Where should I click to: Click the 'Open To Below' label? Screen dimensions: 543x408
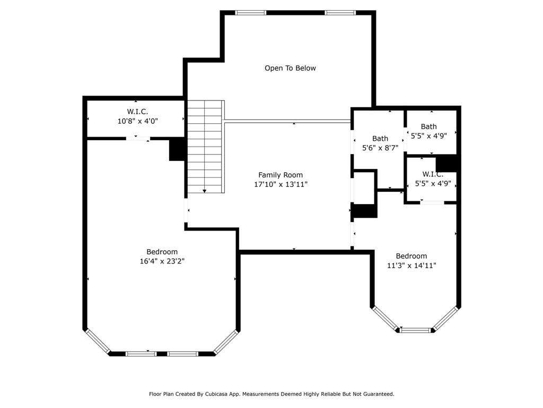click(x=290, y=68)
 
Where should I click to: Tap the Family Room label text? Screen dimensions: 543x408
click(x=281, y=175)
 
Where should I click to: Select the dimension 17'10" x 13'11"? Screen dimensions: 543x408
click(x=281, y=184)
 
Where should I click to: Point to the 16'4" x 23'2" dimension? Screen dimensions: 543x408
click(x=162, y=261)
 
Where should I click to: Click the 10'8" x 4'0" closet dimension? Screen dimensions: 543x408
click(x=138, y=121)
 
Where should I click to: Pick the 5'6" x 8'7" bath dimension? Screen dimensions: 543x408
click(x=380, y=148)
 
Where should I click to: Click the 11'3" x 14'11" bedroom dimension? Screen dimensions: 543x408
click(x=411, y=266)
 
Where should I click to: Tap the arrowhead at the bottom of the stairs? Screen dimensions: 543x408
click(x=205, y=191)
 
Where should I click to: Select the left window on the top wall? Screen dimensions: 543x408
click(x=251, y=13)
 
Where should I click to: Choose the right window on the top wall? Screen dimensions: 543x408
click(x=340, y=13)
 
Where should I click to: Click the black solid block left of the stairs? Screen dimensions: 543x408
click(x=177, y=149)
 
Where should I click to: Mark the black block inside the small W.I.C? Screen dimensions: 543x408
click(x=446, y=164)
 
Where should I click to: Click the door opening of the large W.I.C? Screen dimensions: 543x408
click(x=138, y=139)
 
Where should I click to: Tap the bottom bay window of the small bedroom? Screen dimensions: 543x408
click(x=416, y=330)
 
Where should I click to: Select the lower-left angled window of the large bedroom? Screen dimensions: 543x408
click(x=98, y=342)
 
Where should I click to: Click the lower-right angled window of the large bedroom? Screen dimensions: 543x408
click(x=226, y=342)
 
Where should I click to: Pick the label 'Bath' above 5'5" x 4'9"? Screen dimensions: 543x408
click(x=428, y=126)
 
